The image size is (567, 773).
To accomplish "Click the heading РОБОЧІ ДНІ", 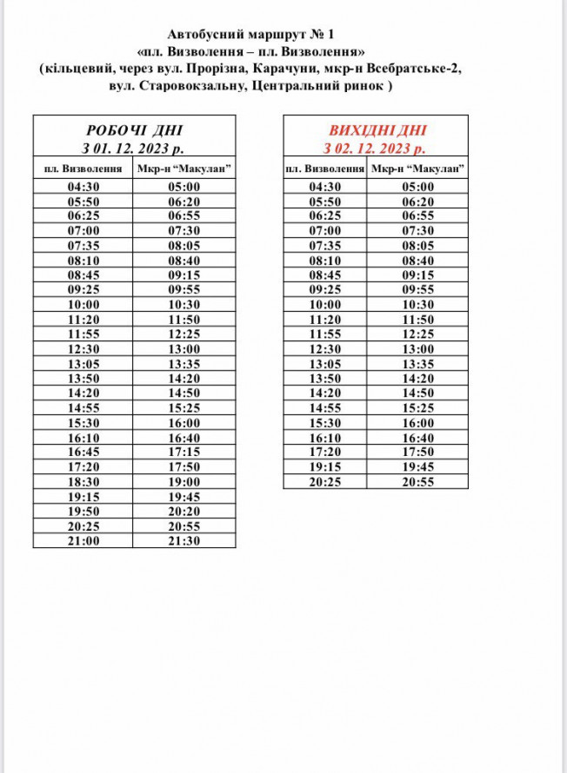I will (x=134, y=130).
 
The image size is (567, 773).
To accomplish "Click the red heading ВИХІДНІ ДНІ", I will (x=376, y=130).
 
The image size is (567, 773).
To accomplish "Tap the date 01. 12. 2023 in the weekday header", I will (x=141, y=148).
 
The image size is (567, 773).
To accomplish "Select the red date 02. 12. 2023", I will (x=383, y=148).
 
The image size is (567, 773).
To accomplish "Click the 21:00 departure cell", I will (x=83, y=540).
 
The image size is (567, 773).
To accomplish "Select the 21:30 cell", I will (x=184, y=540).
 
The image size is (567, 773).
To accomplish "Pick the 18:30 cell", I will (x=83, y=481).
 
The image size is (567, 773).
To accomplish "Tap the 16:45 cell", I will (x=83, y=452).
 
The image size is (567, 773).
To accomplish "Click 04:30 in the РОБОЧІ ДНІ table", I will (x=83, y=187).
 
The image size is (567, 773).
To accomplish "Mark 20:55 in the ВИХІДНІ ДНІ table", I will (x=417, y=481).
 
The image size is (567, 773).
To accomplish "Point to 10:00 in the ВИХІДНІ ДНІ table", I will (x=325, y=305).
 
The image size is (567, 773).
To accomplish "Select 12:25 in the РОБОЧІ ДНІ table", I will (x=184, y=334).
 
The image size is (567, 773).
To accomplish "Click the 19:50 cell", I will (x=83, y=511).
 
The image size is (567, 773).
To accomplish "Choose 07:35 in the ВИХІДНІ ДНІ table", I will (x=325, y=246).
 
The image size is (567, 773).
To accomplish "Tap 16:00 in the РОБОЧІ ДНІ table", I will (x=184, y=422).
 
